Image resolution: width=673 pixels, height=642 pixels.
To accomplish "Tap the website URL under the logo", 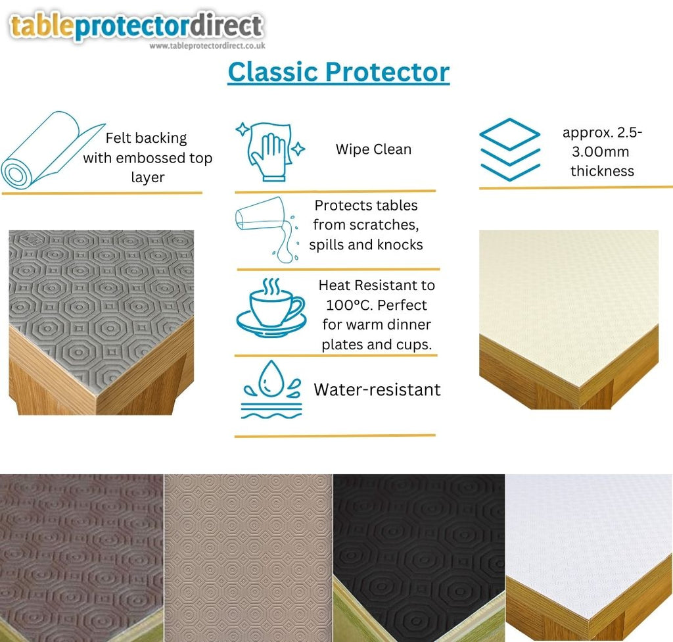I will click(207, 46).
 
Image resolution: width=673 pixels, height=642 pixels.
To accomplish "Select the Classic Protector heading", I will click(338, 72).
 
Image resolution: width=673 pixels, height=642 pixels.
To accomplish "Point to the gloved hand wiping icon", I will click(269, 151).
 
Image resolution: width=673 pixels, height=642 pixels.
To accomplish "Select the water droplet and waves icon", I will click(271, 389).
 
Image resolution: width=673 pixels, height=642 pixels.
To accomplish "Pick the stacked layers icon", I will click(509, 149).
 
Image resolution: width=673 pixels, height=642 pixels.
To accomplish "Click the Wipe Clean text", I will click(373, 149).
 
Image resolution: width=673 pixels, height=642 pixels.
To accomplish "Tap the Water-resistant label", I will click(377, 389).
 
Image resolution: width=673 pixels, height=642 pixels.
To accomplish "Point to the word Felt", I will click(118, 138).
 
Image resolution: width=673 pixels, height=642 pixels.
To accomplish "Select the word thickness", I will click(602, 171).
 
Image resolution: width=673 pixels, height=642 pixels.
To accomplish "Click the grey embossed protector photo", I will click(101, 322).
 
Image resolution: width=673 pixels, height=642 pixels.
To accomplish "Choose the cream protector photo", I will click(569, 319).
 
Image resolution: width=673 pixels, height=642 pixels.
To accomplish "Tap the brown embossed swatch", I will click(81, 558).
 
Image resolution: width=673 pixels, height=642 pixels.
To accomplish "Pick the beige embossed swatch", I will click(248, 558).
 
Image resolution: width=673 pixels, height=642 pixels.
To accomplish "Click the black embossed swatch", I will click(419, 558).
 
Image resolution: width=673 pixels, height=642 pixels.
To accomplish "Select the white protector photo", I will click(589, 558).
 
